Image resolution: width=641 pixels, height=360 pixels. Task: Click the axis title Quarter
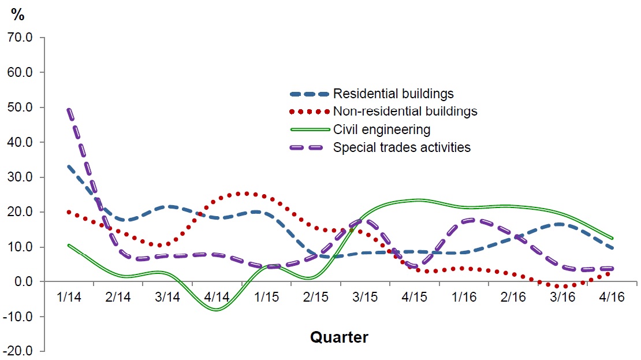pos(339,337)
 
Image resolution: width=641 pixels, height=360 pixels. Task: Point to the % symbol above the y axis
pos(18,16)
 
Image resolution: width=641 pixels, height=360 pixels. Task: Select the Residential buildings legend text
pos(393,94)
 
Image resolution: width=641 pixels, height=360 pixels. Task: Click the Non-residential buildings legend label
pos(405,111)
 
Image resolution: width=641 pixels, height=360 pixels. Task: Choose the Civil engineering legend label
pos(382,129)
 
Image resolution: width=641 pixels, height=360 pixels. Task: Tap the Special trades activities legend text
pos(401,147)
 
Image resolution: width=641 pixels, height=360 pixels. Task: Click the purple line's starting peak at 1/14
pos(69,110)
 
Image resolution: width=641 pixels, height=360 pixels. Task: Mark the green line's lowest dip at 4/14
pos(217,309)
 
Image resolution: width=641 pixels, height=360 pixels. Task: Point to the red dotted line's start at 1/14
pos(69,212)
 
